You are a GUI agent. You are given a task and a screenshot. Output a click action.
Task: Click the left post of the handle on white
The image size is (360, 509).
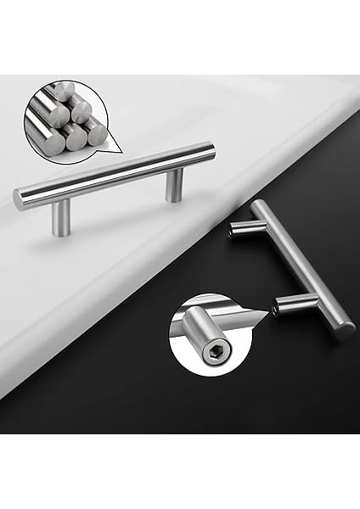pos(60,217)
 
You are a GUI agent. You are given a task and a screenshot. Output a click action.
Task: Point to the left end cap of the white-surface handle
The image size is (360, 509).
pos(18,200)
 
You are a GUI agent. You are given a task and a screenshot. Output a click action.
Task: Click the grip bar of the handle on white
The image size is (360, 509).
pos(115,175)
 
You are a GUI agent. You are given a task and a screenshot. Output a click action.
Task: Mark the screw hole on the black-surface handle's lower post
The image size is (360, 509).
pos(278,308)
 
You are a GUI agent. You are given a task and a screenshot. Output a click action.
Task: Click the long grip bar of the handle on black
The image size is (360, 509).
pos(301,267)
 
